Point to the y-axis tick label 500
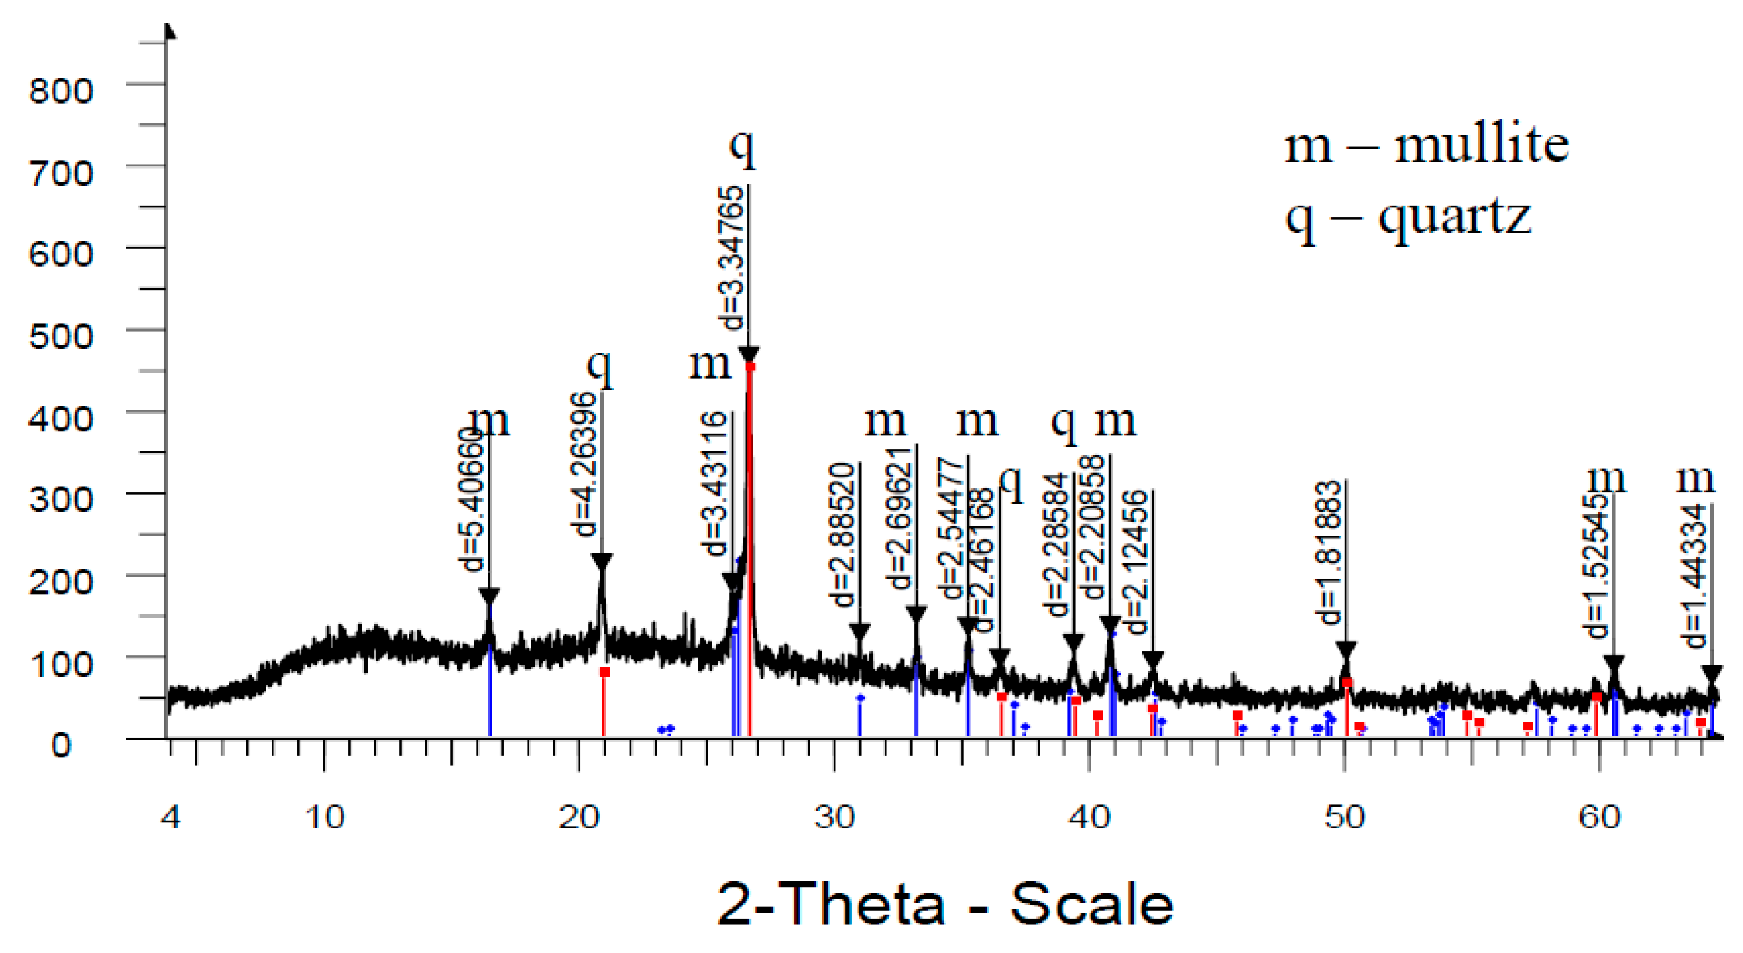[61, 336]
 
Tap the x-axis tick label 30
[834, 818]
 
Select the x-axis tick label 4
[170, 818]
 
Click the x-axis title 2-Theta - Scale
[945, 904]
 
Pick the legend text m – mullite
[1426, 145]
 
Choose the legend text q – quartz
[1407, 218]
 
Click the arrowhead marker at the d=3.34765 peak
[748, 354]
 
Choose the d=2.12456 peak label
[1137, 562]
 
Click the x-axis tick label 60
[1599, 818]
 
